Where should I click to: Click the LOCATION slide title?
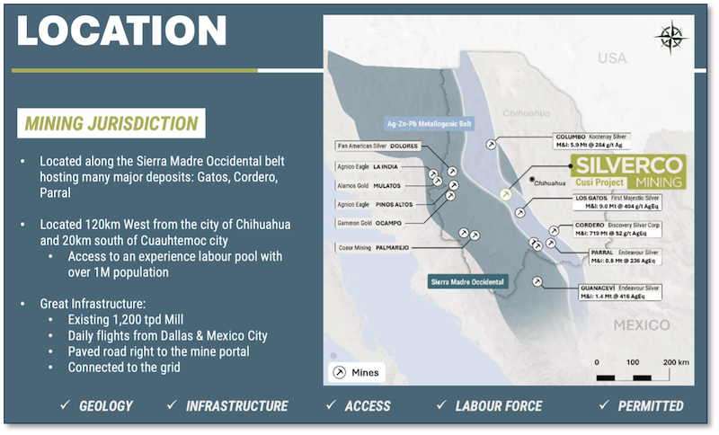[x=121, y=31]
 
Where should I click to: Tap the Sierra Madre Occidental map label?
[x=467, y=282]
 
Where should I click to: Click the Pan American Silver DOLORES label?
[x=372, y=146]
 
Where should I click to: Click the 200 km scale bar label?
[x=675, y=361]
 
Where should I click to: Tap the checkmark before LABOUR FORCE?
[x=441, y=406]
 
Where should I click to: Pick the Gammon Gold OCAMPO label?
[x=371, y=222]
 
